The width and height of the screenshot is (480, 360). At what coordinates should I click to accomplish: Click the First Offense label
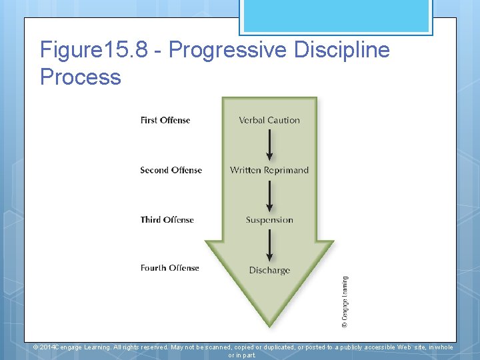pos(165,121)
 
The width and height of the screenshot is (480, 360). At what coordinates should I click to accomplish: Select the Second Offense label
pos(171,170)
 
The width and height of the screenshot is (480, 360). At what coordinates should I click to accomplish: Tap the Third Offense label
pos(167,220)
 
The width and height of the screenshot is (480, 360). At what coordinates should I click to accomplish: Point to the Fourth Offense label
pos(169,268)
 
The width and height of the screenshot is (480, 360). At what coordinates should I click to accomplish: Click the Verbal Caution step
pos(269,121)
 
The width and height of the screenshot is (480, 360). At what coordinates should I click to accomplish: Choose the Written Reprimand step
pos(269,170)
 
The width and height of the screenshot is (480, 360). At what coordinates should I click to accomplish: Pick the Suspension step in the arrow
pos(269,220)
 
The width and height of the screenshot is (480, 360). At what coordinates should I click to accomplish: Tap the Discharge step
pos(269,270)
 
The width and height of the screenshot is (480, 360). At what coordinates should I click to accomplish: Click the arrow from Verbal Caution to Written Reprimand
pos(269,145)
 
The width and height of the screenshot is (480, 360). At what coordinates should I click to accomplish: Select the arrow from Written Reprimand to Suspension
pos(269,195)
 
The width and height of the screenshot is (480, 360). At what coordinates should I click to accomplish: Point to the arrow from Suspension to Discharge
pos(269,245)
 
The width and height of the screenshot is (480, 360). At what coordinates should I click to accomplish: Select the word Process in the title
pos(81,77)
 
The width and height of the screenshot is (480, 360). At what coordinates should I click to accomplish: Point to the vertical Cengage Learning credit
pos(345,301)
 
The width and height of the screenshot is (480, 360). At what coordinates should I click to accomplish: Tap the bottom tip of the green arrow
pos(269,324)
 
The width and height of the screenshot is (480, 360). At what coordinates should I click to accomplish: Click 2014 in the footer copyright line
pos(47,347)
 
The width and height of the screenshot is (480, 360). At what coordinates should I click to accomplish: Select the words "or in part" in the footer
pos(241,355)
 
